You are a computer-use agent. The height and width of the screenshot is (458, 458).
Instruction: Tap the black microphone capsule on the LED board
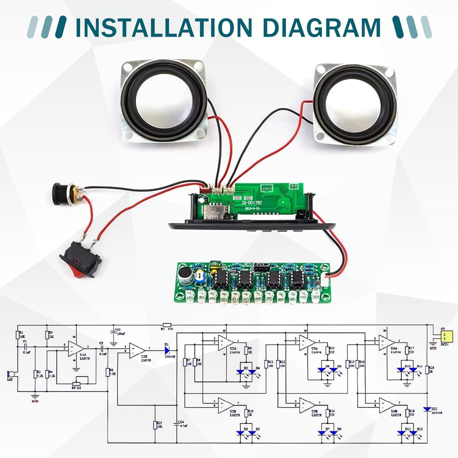pyautogui.click(x=185, y=276)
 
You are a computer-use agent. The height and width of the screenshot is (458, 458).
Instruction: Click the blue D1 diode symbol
pyautogui.click(x=167, y=350)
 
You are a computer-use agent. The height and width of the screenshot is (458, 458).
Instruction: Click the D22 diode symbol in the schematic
pyautogui.click(x=427, y=408)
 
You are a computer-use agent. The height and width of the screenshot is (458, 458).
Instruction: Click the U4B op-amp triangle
pyautogui.click(x=385, y=405)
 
